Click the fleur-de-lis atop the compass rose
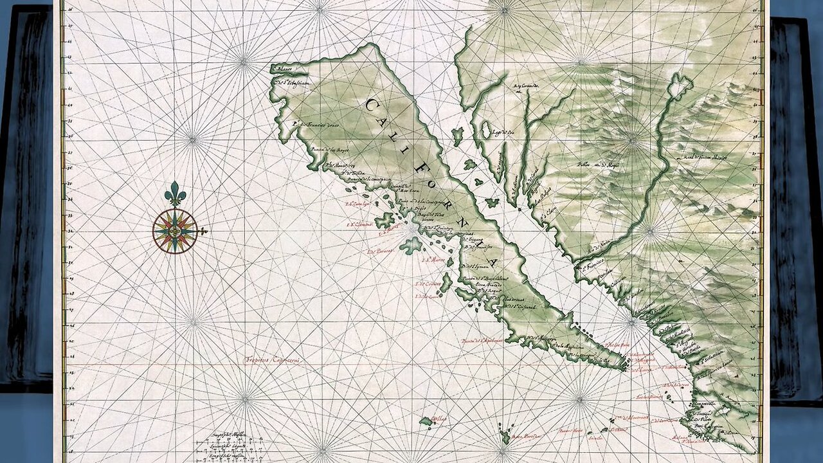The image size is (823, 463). pyautogui.click(x=175, y=194)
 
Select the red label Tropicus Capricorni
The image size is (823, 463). pyautogui.click(x=273, y=360)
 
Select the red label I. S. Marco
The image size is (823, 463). pyautogui.click(x=433, y=260)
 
